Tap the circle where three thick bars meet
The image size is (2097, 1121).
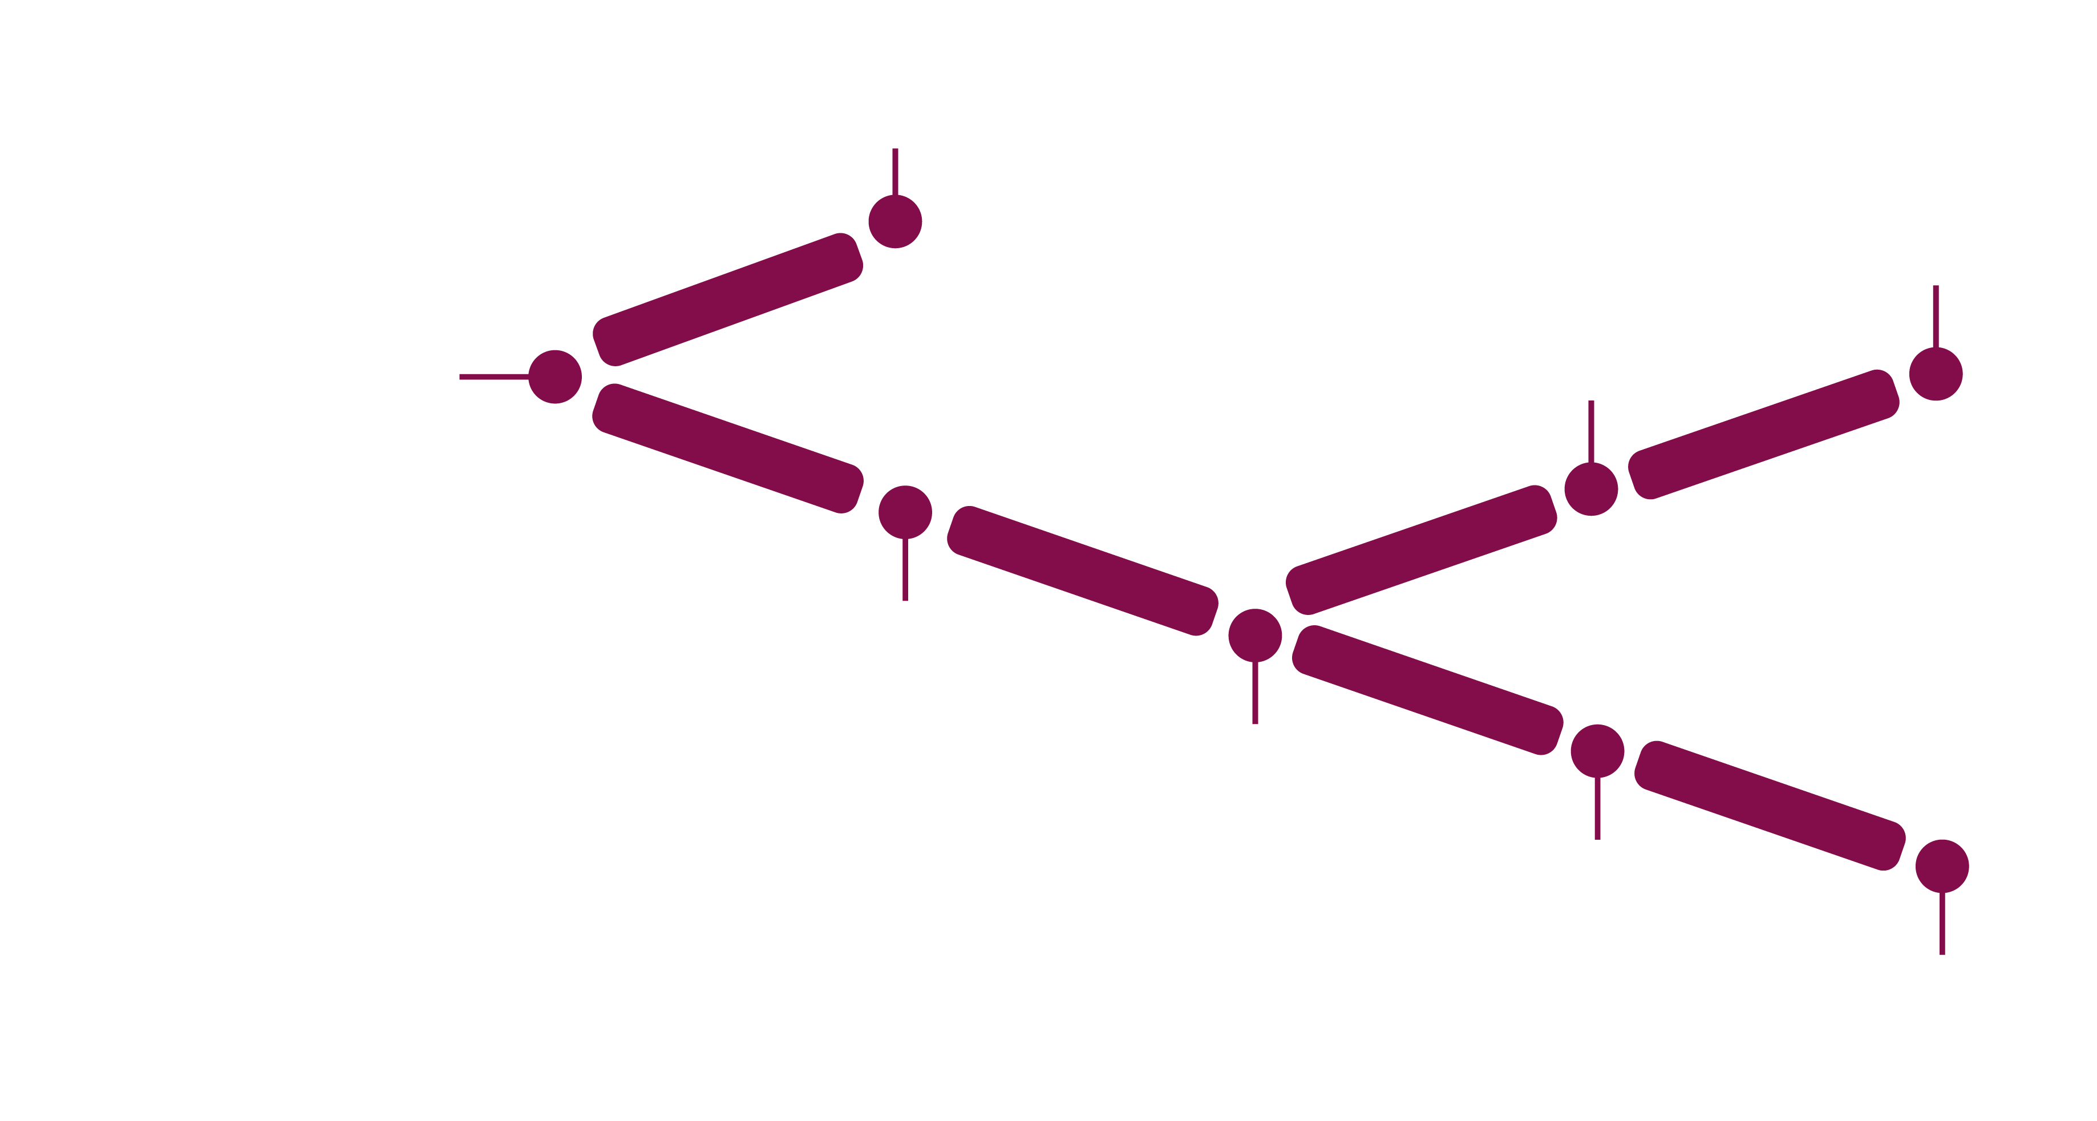pos(1254,635)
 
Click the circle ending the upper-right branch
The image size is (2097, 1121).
pos(1935,374)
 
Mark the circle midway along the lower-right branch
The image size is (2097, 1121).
pos(1597,751)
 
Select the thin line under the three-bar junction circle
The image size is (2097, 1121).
pos(1254,692)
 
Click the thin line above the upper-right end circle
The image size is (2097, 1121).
pos(1935,316)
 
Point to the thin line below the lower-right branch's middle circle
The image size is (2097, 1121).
pos(1597,808)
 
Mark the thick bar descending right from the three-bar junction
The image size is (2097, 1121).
pos(1428,690)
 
